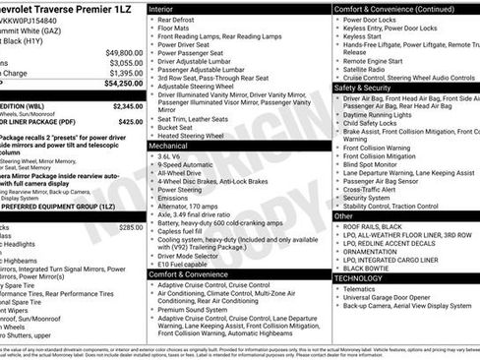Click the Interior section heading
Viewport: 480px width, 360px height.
162,8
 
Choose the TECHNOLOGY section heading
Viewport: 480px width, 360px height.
359,278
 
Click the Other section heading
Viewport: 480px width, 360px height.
343,214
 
